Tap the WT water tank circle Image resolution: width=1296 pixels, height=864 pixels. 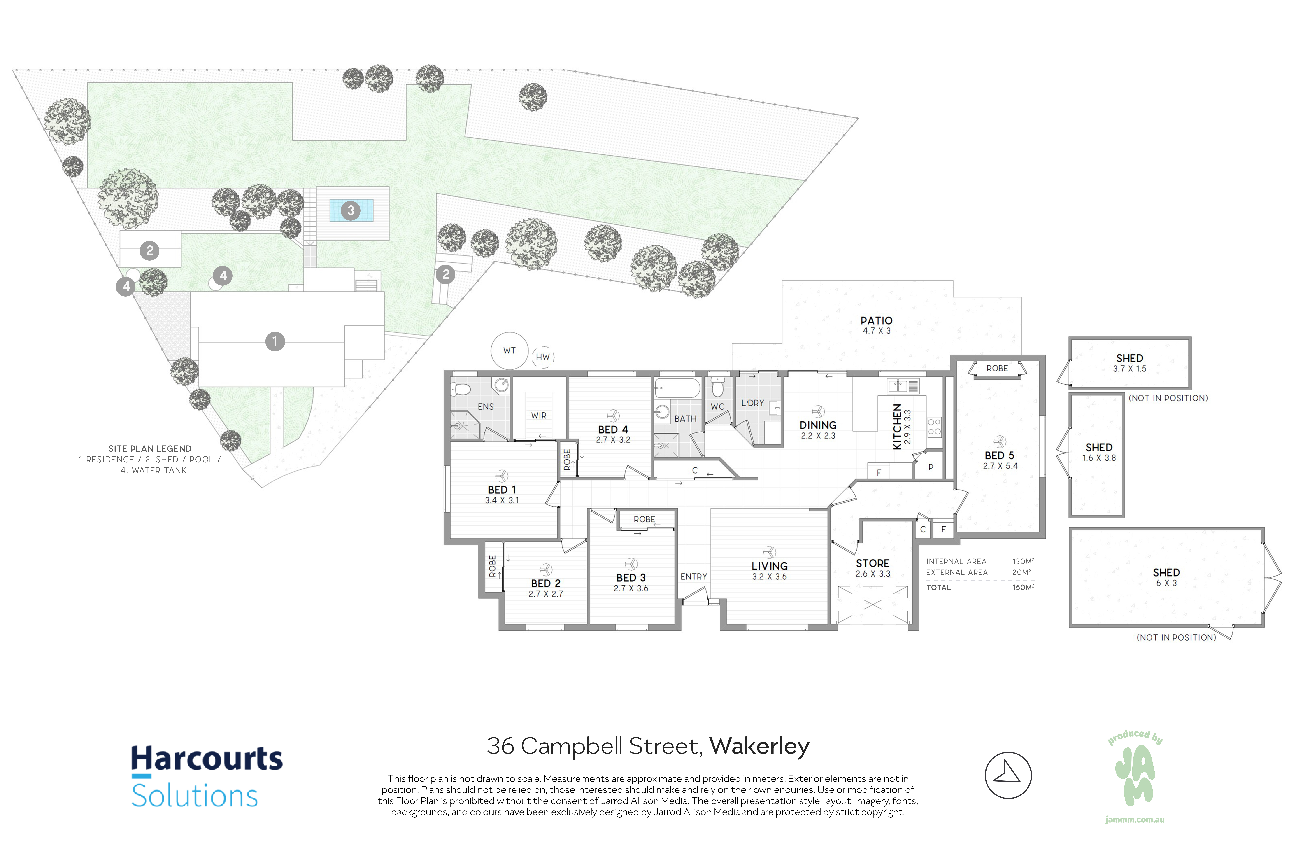point(509,350)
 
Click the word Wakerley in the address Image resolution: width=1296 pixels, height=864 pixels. point(759,746)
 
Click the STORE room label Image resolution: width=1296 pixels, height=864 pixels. point(873,563)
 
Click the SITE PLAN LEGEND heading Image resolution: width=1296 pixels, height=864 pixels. point(150,448)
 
